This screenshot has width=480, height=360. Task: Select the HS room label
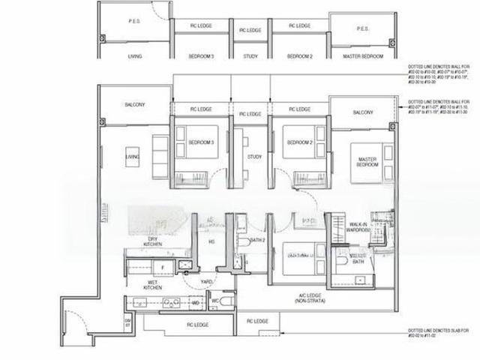point(211,241)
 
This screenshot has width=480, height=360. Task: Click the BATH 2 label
point(258,241)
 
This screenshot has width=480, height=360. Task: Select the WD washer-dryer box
point(196,303)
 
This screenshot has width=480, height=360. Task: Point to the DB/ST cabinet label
point(127,322)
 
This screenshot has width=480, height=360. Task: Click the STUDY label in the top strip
point(250,55)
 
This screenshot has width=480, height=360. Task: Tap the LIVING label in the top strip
point(136,55)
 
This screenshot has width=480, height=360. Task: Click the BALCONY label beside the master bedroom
point(362,112)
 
